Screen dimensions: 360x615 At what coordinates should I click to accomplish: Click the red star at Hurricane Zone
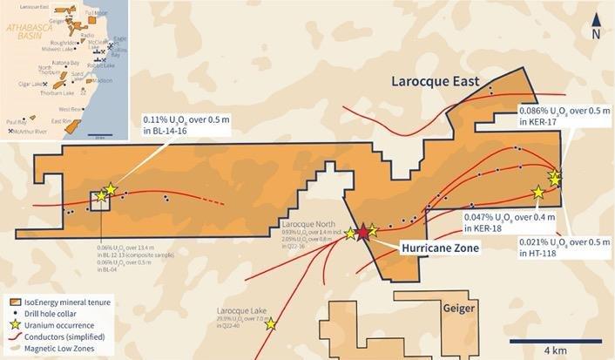(x=362, y=233)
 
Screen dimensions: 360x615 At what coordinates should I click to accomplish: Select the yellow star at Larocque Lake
(x=271, y=324)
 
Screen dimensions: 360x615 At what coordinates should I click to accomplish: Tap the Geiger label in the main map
(x=459, y=309)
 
